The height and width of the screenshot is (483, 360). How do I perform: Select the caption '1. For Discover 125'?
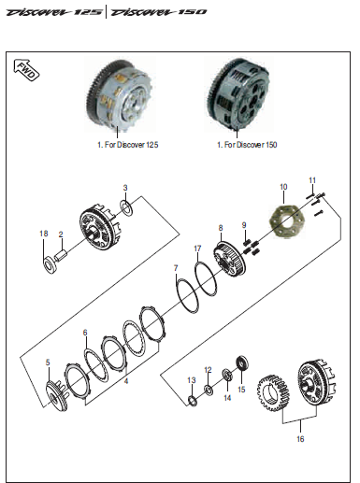[x=129, y=146]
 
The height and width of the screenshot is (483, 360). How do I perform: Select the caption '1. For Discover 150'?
[x=246, y=146]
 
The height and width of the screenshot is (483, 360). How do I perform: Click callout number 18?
[x=43, y=233]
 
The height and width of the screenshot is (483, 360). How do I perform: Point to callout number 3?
[x=125, y=189]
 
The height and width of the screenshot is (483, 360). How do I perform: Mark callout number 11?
[x=313, y=180]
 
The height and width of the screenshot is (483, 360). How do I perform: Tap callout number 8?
[x=222, y=228]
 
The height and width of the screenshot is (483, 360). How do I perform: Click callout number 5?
[x=49, y=362]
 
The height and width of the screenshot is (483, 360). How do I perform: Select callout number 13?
[x=192, y=380]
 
